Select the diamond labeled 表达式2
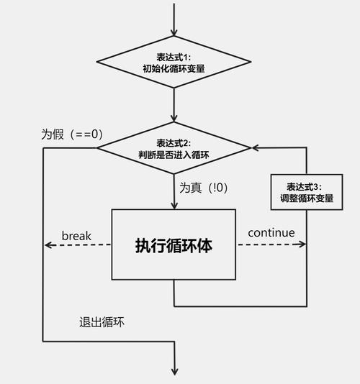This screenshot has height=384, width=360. (174, 148)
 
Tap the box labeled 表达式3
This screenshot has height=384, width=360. (306, 192)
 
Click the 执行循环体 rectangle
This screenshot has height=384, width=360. (174, 244)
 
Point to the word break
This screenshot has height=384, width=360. (76, 234)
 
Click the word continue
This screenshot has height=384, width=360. (271, 232)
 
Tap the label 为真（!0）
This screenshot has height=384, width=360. (204, 188)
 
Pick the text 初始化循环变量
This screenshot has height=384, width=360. (174, 70)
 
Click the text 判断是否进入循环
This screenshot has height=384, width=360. (174, 154)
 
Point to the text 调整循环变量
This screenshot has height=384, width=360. (306, 198)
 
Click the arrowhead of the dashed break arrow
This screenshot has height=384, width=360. (48, 245)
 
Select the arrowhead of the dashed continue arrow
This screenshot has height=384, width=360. (302, 245)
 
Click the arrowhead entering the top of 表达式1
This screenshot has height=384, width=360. (174, 32)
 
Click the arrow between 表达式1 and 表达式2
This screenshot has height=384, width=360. (174, 108)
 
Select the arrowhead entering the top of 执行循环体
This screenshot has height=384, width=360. (174, 204)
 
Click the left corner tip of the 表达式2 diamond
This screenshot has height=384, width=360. (98, 148)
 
